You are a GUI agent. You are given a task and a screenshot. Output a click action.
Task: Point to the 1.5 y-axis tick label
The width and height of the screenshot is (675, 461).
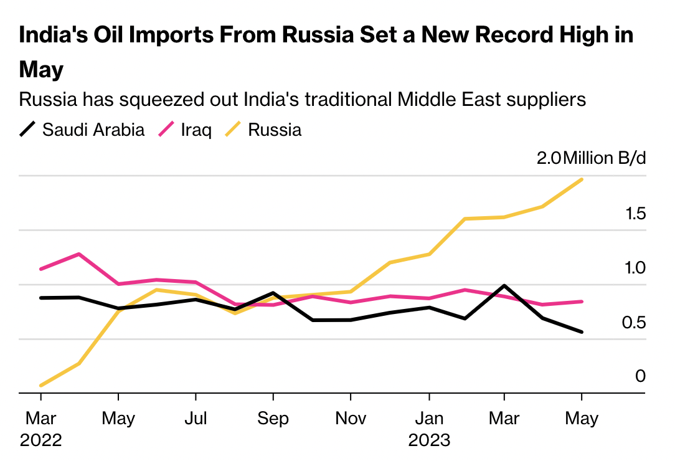coord(636,214)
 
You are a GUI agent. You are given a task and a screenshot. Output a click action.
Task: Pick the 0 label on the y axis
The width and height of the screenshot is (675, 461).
coord(640,376)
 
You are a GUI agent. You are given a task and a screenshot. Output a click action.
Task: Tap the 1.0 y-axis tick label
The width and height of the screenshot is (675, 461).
coord(636,268)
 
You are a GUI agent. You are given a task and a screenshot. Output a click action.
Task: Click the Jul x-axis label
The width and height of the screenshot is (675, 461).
coord(196,418)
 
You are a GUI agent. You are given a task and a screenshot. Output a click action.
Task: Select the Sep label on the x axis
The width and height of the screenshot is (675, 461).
coord(273,418)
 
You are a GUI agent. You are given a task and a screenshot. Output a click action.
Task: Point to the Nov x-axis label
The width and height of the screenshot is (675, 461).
coord(351,418)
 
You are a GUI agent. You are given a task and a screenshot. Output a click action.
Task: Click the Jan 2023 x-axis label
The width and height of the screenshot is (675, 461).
coord(429,429)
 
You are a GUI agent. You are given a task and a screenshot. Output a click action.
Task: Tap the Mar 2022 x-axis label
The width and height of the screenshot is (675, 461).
coord(40,429)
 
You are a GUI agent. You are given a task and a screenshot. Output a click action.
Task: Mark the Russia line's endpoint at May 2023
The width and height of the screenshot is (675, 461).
coord(582,179)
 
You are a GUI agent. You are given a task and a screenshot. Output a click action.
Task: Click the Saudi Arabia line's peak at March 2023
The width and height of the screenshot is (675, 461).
coord(503,285)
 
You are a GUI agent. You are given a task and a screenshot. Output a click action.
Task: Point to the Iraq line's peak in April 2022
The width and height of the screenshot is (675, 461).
coord(79,254)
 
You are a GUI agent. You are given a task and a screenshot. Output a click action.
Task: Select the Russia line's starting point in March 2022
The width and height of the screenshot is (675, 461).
coord(40,386)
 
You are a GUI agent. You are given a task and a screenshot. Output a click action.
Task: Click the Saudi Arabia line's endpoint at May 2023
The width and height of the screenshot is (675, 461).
coord(582,332)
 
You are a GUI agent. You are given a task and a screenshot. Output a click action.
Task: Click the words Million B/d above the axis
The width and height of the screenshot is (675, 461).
coord(604,158)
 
